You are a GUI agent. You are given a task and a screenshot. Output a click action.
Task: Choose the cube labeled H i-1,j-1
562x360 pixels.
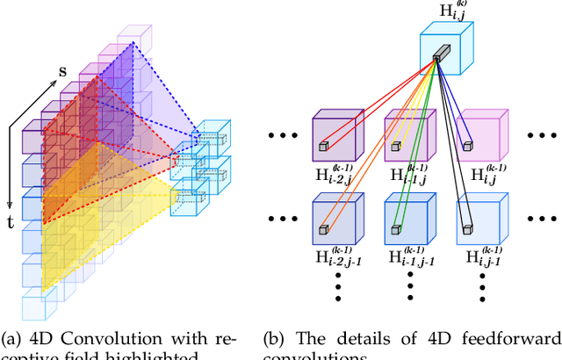[x=407, y=220]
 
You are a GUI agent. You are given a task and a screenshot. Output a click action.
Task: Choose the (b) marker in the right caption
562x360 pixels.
[x=276, y=338]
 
